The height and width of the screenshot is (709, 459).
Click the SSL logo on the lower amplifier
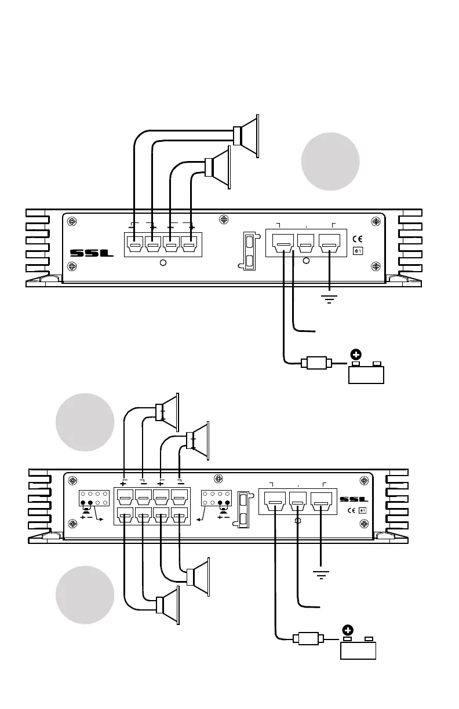pos(354,499)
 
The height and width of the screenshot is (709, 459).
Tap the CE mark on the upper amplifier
pos(358,239)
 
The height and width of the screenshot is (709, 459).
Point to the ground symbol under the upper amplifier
pos(329,298)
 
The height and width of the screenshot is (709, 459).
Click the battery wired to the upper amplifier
pos(366,374)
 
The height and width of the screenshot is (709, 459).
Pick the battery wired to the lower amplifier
pos(358,650)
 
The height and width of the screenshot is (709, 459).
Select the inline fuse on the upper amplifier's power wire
pos(316,364)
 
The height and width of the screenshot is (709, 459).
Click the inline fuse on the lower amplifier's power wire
pos(308,640)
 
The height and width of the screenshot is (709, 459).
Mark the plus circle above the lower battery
pos(348,630)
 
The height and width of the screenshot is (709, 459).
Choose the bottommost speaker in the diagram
pos(169,606)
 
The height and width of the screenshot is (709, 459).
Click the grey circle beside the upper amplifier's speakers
pos(330,161)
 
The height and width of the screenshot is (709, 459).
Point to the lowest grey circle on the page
pos(85,595)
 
